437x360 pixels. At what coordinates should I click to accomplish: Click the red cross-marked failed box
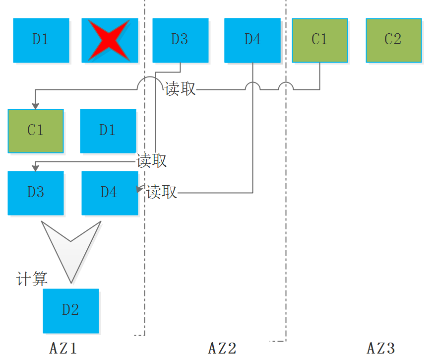pos(110,41)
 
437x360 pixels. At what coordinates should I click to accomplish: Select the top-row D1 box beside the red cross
pos(41,41)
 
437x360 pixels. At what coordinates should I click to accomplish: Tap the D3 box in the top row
pos(180,41)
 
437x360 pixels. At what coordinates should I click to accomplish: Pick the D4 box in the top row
pos(252,41)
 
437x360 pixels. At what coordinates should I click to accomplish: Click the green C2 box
pos(393,40)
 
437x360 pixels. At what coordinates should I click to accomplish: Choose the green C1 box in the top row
pos(320,40)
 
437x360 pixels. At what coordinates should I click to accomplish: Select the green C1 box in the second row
pos(36,131)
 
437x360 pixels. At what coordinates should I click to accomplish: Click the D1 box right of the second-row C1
pos(108,131)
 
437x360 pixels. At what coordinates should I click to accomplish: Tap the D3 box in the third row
pos(36,193)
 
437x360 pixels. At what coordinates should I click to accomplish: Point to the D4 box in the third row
pos(109,193)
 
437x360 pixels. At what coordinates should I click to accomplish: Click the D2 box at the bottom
pos(71,311)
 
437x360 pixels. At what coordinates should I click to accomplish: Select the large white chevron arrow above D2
pos(71,248)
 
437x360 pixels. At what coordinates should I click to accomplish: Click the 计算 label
pos(32,279)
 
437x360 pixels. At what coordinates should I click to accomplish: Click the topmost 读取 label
pos(181,89)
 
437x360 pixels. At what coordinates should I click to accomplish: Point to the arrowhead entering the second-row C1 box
pos(35,106)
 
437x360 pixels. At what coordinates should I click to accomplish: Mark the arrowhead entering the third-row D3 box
pos(35,168)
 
